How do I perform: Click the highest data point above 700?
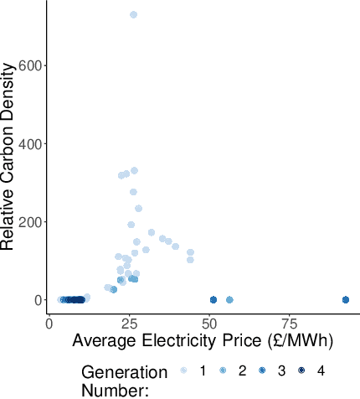coord(133,14)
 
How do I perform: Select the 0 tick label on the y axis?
coord(37,300)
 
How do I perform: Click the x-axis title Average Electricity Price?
coord(203,341)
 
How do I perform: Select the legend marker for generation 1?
coord(183,370)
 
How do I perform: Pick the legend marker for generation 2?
coord(223,370)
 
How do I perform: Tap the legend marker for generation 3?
coord(262,370)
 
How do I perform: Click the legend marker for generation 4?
coord(301,370)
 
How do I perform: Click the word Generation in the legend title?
coord(124,371)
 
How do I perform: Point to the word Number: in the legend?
coord(115,390)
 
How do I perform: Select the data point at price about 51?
coord(213,299)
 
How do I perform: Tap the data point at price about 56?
coord(229,299)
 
